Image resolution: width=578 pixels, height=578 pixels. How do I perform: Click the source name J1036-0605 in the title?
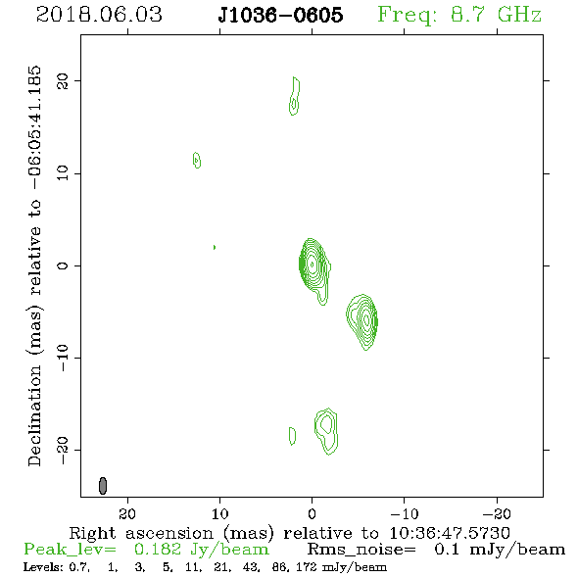280,15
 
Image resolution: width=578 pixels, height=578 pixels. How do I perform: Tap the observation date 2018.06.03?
99,15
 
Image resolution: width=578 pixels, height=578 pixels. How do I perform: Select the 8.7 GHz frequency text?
496,15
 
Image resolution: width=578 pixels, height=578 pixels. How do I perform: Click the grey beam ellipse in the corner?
103,486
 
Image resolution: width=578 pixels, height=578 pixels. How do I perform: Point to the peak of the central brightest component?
313,264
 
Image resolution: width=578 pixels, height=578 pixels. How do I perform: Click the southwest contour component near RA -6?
362,321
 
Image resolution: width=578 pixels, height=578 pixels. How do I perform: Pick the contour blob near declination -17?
326,431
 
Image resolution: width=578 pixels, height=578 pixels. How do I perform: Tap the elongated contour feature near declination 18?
294,96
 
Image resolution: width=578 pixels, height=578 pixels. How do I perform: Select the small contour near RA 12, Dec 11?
197,160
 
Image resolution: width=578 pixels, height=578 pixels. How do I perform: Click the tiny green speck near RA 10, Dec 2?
215,247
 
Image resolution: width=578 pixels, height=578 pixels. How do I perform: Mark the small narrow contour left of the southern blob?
292,436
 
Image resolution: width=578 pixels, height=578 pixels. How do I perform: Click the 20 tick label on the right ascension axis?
127,513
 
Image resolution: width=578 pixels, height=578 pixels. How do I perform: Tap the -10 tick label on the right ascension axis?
405,513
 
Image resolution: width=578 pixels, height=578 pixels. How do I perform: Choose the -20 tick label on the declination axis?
63,450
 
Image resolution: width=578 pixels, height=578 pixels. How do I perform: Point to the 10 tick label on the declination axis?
63,173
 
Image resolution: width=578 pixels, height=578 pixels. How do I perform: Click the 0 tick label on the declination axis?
63,265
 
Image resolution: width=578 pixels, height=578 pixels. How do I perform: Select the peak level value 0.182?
158,550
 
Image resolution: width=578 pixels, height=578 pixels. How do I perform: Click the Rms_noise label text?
361,550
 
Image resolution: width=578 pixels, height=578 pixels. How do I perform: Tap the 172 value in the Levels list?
306,567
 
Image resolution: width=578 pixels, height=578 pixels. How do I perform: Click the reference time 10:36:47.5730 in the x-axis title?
450,533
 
